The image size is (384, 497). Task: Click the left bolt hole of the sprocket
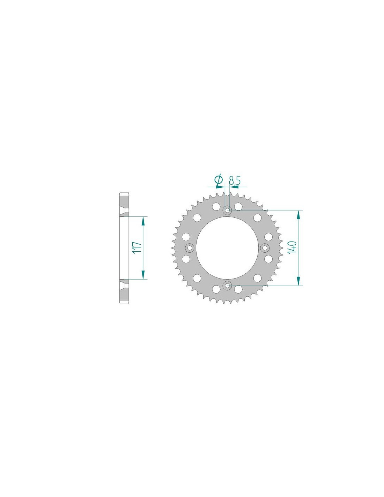[x=189, y=247]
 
